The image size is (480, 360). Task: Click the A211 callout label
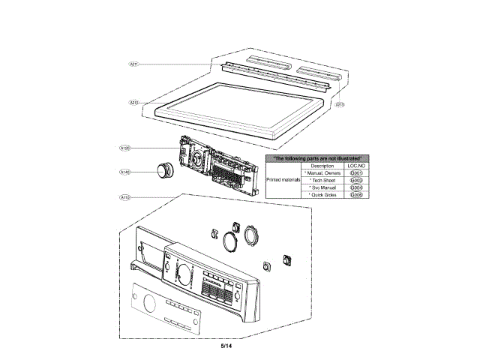pyautogui.click(x=133, y=64)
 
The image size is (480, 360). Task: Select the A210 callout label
pyautogui.click(x=133, y=102)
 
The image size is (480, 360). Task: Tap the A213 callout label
pyautogui.click(x=339, y=104)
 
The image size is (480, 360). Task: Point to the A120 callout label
pyautogui.click(x=126, y=149)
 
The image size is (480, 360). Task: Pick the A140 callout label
pyautogui.click(x=126, y=172)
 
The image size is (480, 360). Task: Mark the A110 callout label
pyautogui.click(x=126, y=196)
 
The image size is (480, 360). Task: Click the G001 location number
pyautogui.click(x=356, y=173)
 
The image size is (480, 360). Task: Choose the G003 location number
pyautogui.click(x=356, y=181)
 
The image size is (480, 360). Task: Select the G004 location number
pyautogui.click(x=356, y=187)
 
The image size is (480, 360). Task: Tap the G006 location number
pyautogui.click(x=356, y=195)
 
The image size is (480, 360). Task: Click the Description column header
pyautogui.click(x=322, y=166)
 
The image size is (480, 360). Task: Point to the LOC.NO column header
pyautogui.click(x=356, y=166)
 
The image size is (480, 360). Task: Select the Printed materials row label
pyautogui.click(x=283, y=181)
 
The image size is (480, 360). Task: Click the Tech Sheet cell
pyautogui.click(x=322, y=181)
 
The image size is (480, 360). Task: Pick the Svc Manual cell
pyautogui.click(x=322, y=187)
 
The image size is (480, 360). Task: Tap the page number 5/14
pyautogui.click(x=227, y=346)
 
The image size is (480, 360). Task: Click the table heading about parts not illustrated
pyautogui.click(x=317, y=158)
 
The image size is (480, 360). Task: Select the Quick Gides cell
pyautogui.click(x=322, y=195)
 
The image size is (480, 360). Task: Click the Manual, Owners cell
pyautogui.click(x=322, y=173)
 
